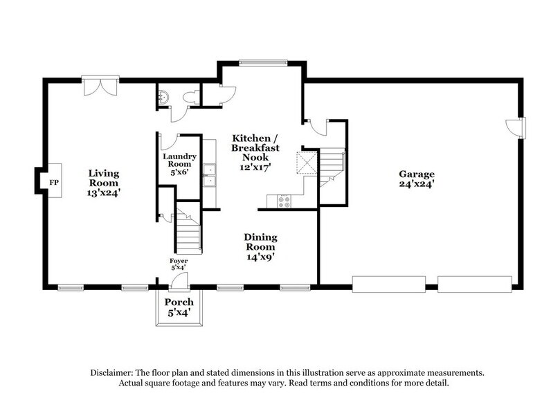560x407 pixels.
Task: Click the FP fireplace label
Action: click(x=54, y=183)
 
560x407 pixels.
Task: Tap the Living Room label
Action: click(x=104, y=178)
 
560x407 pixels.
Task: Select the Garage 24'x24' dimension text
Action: click(x=417, y=184)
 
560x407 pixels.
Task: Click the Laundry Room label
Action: click(x=180, y=161)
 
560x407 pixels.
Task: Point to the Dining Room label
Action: click(x=261, y=242)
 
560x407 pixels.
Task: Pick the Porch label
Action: click(x=179, y=302)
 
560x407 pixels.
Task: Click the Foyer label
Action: click(x=179, y=261)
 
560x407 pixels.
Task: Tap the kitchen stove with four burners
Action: click(x=284, y=201)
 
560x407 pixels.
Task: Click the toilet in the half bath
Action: click(x=191, y=97)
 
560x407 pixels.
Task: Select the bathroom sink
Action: click(x=163, y=97)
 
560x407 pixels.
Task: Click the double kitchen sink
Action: click(x=210, y=176)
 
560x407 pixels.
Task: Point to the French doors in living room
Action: click(x=100, y=86)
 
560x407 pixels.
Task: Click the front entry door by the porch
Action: click(x=179, y=281)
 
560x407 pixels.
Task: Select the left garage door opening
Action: click(x=389, y=284)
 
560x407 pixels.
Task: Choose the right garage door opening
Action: click(x=475, y=284)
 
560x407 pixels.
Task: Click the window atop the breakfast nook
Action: click(x=263, y=63)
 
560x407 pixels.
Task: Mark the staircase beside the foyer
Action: click(x=188, y=228)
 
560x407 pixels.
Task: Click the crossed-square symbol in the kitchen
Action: click(x=306, y=163)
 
